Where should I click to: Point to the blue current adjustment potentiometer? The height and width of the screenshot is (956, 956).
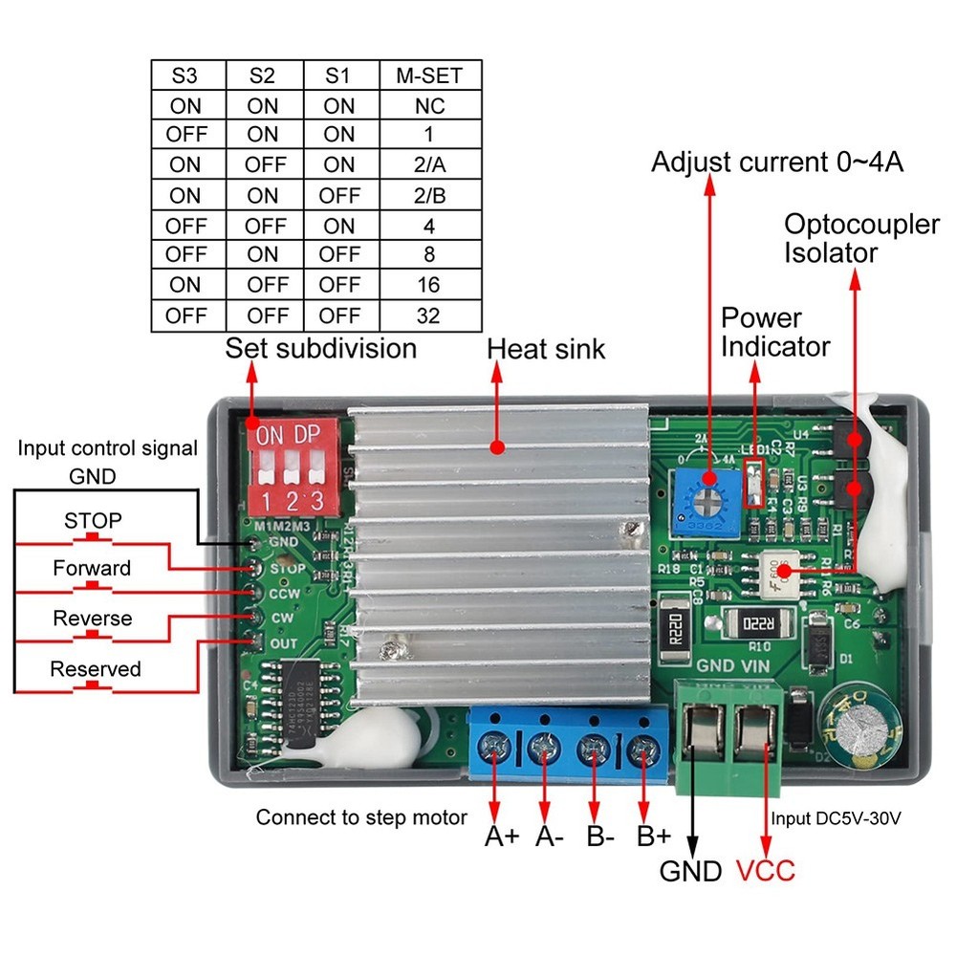pos(709,499)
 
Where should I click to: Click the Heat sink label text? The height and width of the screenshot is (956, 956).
pos(546,349)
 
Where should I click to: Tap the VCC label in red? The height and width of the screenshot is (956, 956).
pos(765,871)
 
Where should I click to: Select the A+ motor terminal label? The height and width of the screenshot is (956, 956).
pos(501,837)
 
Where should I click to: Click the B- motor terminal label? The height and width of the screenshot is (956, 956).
pos(600,837)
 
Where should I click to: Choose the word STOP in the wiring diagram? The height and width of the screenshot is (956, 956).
pos(93,521)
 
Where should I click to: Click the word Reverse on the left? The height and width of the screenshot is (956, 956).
pos(93,618)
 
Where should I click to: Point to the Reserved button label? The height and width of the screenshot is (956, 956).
pos(95,668)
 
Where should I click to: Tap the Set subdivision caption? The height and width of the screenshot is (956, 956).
pos(321,348)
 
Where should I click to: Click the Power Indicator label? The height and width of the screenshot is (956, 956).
pos(775,332)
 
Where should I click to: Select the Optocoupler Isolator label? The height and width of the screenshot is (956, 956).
pos(861,239)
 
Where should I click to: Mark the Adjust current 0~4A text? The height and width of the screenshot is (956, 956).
pos(777,162)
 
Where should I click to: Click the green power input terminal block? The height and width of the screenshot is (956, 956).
pos(732,736)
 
